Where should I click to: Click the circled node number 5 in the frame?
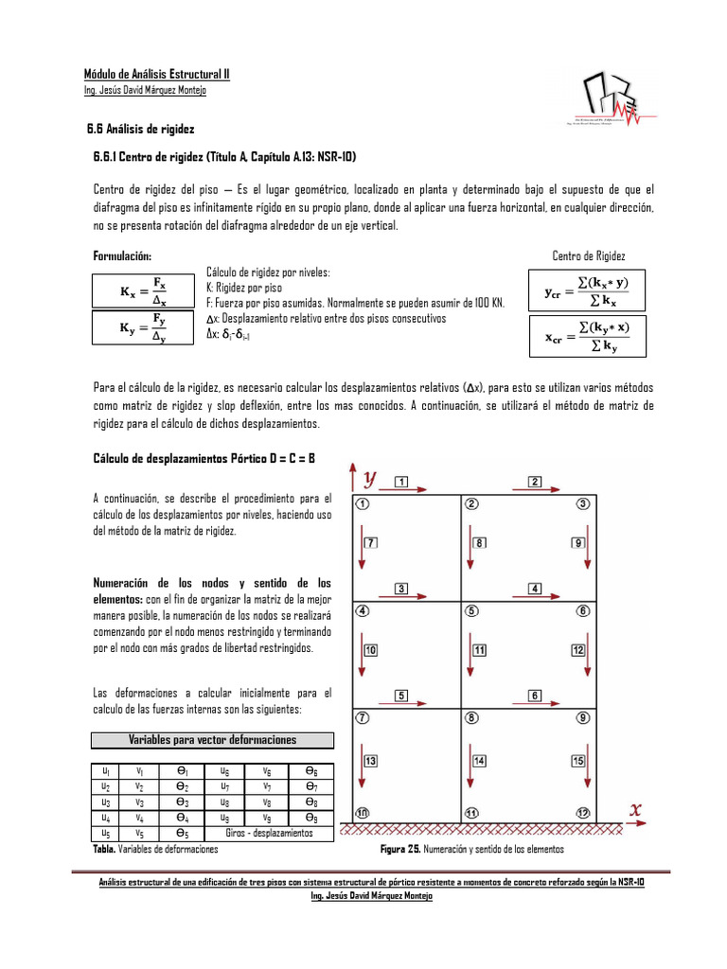click(472, 611)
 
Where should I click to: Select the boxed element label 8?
click(481, 543)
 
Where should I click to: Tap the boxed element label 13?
click(371, 761)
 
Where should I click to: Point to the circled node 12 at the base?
click(583, 813)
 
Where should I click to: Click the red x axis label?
click(636, 809)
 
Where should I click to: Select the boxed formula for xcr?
click(588, 337)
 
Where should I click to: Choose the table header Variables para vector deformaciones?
click(212, 739)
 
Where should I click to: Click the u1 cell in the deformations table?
click(108, 772)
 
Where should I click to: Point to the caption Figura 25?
click(401, 850)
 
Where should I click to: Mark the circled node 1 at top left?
click(363, 503)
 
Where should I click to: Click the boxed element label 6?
click(535, 696)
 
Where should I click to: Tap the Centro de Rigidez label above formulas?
click(588, 256)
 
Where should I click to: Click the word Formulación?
click(121, 256)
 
